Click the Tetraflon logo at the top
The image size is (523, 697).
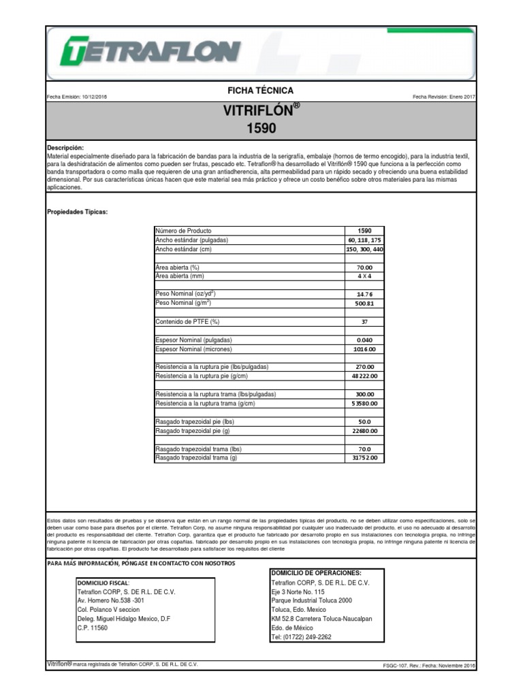pos(150,51)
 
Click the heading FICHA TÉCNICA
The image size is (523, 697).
pos(261,91)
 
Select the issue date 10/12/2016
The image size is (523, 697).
pos(95,97)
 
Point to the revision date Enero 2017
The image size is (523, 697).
pos(460,97)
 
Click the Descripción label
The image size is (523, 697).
pos(65,148)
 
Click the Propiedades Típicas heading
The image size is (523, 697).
pos(77,212)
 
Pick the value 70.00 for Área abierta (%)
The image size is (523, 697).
pos(364,268)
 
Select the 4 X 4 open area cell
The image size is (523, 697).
pos(364,276)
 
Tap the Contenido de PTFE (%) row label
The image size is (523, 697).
pos(187,321)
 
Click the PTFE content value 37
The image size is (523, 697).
pos(364,322)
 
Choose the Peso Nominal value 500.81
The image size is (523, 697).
pos(364,304)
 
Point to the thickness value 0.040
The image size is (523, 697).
pos(364,340)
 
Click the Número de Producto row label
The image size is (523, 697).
pos(184,231)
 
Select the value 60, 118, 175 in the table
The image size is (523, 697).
pos(364,240)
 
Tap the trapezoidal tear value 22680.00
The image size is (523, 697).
pos(364,431)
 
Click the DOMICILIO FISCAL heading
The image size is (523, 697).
pos(102,583)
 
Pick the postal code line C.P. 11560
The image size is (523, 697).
pos(92,628)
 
